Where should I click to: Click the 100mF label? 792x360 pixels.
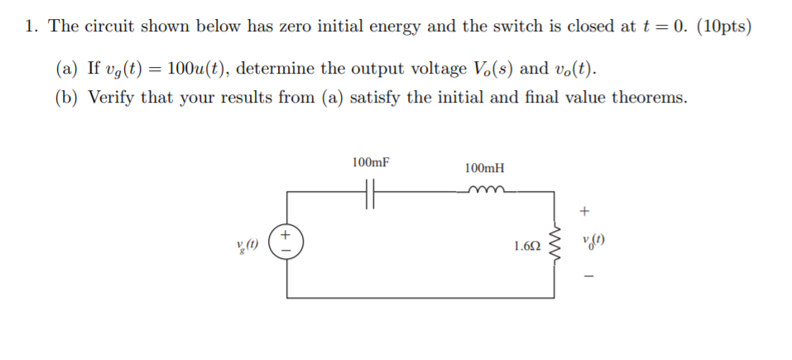tap(370, 162)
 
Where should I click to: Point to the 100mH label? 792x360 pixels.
tap(484, 168)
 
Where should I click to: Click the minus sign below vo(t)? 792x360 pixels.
tap(588, 277)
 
